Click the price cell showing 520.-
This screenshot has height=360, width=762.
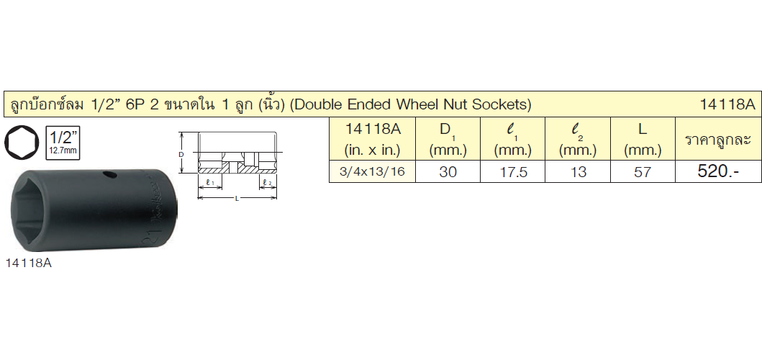pos(718,171)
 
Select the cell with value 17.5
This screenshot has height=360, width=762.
pos(513,171)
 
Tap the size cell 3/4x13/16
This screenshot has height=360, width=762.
pos(372,171)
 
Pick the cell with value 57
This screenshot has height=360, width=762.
pos(643,171)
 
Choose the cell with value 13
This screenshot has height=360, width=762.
pos(578,171)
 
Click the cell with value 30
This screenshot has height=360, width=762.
pos(448,171)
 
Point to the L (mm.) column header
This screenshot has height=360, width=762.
pos(643,139)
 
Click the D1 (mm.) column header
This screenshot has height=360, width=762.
pos(448,139)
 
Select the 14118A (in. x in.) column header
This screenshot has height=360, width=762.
pos(372,139)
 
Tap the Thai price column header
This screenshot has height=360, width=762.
pos(718,139)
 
